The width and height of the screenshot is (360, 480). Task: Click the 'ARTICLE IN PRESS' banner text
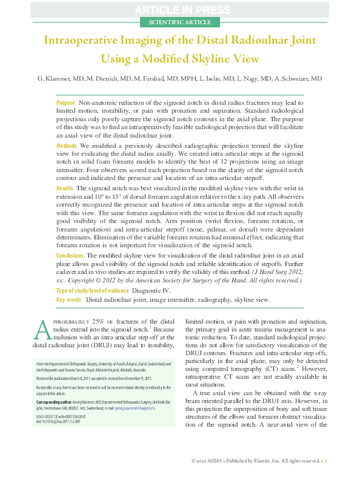click(x=180, y=10)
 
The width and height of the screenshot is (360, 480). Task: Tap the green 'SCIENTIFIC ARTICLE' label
click(x=180, y=22)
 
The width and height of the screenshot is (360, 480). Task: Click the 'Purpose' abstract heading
click(x=65, y=103)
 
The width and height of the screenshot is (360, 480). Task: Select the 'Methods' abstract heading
click(x=67, y=146)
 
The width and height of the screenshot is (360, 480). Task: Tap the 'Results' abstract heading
click(x=65, y=189)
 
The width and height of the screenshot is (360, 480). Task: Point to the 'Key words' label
click(x=68, y=300)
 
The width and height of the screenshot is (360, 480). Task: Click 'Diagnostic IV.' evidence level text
click(x=152, y=291)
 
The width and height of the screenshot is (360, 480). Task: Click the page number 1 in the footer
click(x=325, y=461)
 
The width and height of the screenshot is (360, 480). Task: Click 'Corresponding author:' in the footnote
click(x=55, y=401)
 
